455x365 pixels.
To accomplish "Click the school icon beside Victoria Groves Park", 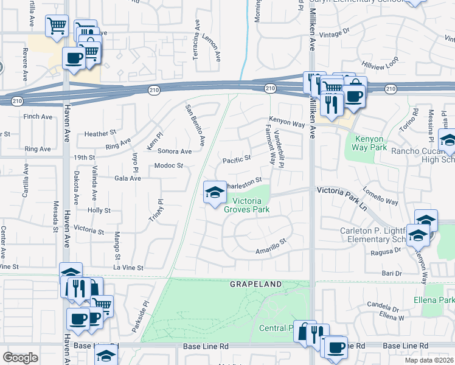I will click(214, 193).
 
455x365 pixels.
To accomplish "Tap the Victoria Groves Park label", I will click(246, 204).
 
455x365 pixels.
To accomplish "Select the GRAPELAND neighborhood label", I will click(255, 284).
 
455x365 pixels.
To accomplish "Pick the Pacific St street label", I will click(237, 159).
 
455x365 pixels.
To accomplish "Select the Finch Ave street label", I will click(37, 116).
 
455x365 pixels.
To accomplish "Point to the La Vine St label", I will click(127, 267).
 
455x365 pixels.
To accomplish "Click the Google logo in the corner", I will click(20, 357).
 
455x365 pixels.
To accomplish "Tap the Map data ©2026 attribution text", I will click(428, 360).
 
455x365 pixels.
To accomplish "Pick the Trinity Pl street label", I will click(156, 210).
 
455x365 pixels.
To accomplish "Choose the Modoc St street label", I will click(168, 165).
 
